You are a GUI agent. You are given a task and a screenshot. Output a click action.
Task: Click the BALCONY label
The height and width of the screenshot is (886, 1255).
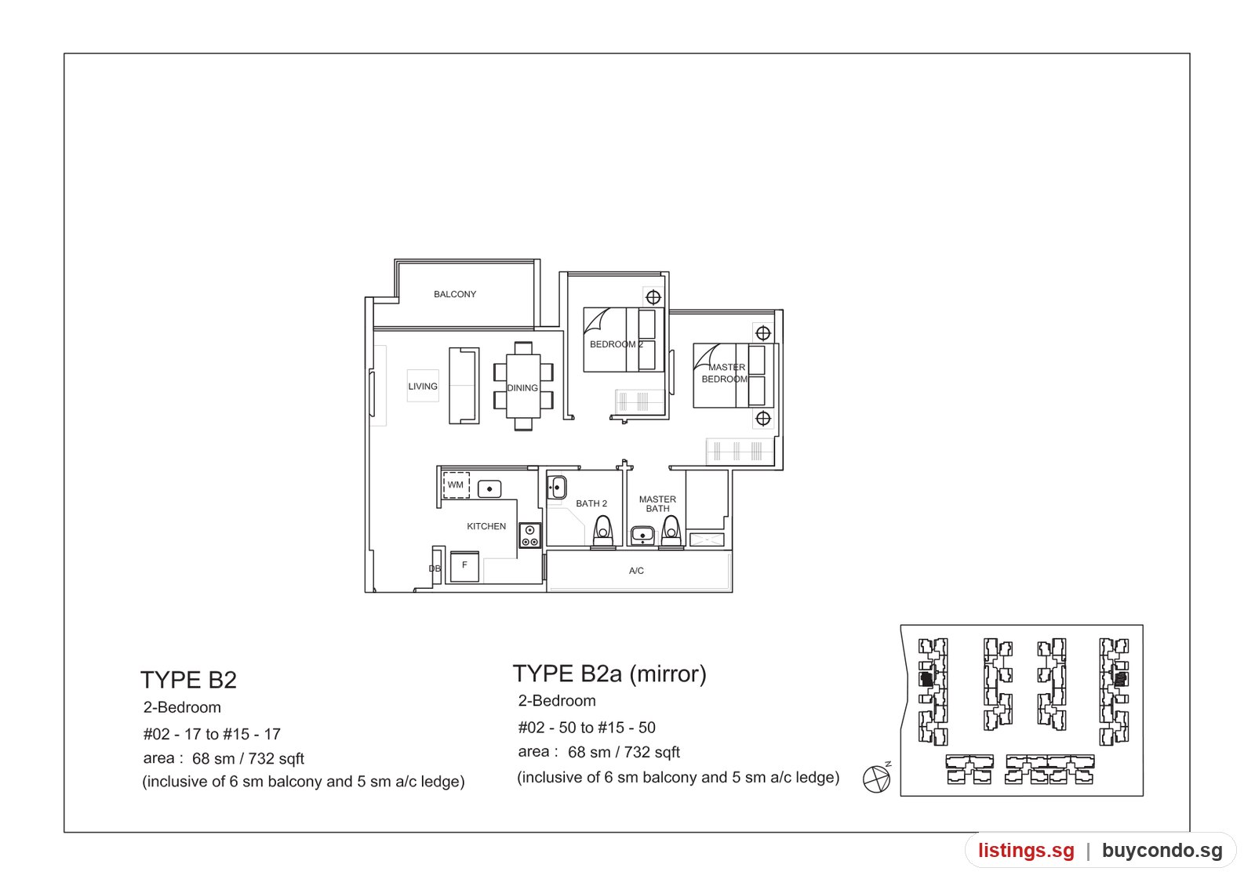click(455, 294)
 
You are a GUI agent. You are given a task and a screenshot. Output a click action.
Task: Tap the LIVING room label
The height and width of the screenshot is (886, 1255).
click(423, 387)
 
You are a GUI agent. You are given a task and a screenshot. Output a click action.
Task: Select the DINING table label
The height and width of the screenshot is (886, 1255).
click(522, 387)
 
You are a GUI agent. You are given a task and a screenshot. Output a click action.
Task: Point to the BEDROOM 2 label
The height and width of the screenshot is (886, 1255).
click(617, 344)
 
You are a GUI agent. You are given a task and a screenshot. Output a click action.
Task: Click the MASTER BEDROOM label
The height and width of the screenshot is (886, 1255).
click(725, 373)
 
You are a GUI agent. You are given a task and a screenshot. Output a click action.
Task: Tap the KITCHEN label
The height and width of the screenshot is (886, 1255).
click(486, 526)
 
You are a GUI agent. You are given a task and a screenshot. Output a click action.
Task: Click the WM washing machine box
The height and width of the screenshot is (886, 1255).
click(456, 485)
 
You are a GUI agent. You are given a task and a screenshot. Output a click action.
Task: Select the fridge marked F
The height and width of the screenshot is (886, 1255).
click(464, 566)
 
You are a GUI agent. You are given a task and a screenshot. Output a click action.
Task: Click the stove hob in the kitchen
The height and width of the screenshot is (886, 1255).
click(530, 536)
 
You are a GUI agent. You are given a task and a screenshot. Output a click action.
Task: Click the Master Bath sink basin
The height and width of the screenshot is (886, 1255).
click(642, 536)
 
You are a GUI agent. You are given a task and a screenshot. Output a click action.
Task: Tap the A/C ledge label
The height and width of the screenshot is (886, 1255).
click(636, 571)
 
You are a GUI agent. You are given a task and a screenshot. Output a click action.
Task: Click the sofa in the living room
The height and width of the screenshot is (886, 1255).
click(464, 385)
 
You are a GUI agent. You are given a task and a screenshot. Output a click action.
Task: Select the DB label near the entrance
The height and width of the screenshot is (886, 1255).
click(435, 568)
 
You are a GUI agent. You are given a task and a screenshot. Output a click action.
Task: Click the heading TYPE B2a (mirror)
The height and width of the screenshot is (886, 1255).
click(609, 674)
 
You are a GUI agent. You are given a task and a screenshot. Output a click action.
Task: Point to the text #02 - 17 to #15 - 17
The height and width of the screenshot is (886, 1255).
click(212, 734)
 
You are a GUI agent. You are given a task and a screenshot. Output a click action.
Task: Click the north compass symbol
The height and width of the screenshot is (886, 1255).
click(877, 779)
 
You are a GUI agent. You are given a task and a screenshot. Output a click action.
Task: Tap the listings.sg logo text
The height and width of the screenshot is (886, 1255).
click(1027, 850)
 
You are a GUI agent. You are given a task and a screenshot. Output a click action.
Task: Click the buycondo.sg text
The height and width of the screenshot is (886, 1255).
click(1162, 850)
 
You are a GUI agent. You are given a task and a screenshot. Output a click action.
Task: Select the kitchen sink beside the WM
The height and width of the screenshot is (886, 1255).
click(489, 489)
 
